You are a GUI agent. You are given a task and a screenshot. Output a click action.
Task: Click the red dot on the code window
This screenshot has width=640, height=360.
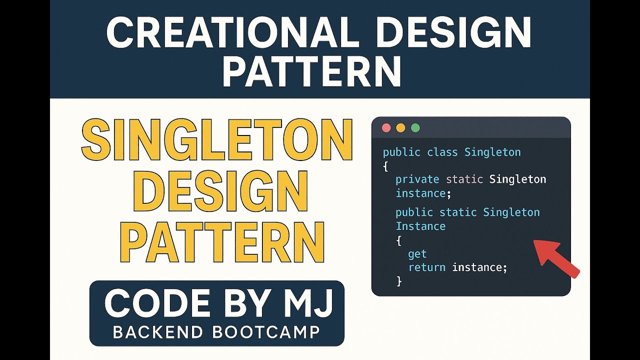(x=386, y=127)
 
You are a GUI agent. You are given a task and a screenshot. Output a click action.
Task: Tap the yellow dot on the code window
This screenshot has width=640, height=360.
(x=400, y=127)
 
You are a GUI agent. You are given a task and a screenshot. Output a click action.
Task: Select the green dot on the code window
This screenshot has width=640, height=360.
(x=415, y=127)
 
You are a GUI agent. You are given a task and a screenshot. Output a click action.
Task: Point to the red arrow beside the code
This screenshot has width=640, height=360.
(x=556, y=257)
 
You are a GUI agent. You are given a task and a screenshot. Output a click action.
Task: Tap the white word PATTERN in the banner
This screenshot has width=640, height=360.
(x=311, y=71)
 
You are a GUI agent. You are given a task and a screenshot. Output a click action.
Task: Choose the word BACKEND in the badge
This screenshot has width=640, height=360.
(x=158, y=332)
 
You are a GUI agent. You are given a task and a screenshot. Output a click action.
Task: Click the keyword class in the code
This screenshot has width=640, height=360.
(x=442, y=152)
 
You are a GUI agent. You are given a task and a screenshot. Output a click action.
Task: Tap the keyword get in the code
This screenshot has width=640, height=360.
(x=417, y=254)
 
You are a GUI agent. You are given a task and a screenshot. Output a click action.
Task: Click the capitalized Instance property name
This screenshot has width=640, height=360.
(x=420, y=226)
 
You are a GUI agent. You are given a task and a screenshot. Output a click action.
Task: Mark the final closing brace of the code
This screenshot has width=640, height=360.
(x=399, y=281)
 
